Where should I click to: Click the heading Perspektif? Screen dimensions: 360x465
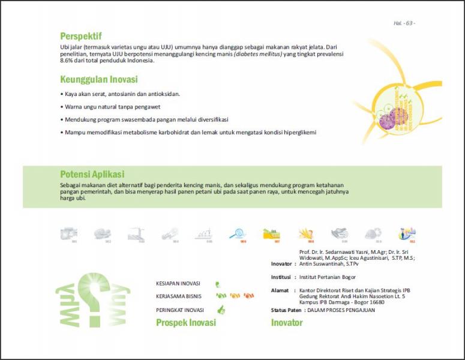81,36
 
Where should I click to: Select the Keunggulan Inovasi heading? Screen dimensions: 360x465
99,79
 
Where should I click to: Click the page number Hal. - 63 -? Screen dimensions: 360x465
404,23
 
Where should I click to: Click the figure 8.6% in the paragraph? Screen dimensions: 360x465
67,60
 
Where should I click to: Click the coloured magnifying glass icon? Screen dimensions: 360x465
235,233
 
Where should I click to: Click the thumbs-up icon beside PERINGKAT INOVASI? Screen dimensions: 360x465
221,310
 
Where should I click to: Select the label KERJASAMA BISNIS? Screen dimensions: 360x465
179,296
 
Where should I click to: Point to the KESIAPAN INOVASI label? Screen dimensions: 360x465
178,283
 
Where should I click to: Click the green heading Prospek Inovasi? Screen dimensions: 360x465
185,323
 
